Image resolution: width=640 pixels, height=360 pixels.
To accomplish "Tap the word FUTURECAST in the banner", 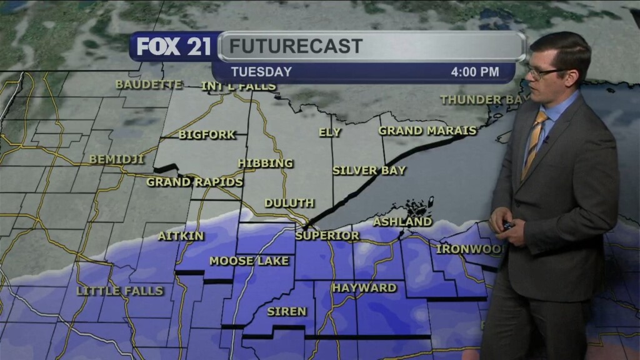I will pyautogui.click(x=295, y=46).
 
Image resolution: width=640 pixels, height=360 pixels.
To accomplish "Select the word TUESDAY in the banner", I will pyautogui.click(x=262, y=72).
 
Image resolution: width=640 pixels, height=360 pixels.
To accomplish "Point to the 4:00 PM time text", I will pyautogui.click(x=475, y=72).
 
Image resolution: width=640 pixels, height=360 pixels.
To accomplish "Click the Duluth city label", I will pyautogui.click(x=289, y=203).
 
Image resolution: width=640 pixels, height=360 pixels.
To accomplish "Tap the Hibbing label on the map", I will pyautogui.click(x=266, y=163).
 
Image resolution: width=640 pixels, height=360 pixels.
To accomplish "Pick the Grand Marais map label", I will pyautogui.click(x=427, y=131).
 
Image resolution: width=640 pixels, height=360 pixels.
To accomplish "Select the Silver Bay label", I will pyautogui.click(x=369, y=170).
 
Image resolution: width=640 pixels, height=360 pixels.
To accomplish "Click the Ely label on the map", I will pyautogui.click(x=330, y=132).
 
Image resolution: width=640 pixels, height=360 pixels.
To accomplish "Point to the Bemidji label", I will pyautogui.click(x=117, y=159).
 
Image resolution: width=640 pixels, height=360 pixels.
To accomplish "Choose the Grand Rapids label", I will pyautogui.click(x=194, y=182).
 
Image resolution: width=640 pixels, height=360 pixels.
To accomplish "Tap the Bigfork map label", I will pyautogui.click(x=207, y=134).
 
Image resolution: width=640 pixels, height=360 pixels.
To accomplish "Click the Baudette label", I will pyautogui.click(x=149, y=84).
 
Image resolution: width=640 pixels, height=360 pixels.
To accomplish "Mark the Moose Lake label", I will pyautogui.click(x=249, y=261).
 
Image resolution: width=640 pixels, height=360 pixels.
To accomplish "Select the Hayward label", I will pyautogui.click(x=364, y=287).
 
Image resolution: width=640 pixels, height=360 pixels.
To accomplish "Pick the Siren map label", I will pyautogui.click(x=287, y=311).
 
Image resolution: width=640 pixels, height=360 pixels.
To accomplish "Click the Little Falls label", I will pyautogui.click(x=120, y=291).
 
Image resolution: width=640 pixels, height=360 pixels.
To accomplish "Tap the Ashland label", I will pyautogui.click(x=402, y=221).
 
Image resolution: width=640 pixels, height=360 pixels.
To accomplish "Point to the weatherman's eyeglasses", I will pyautogui.click(x=542, y=72).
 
